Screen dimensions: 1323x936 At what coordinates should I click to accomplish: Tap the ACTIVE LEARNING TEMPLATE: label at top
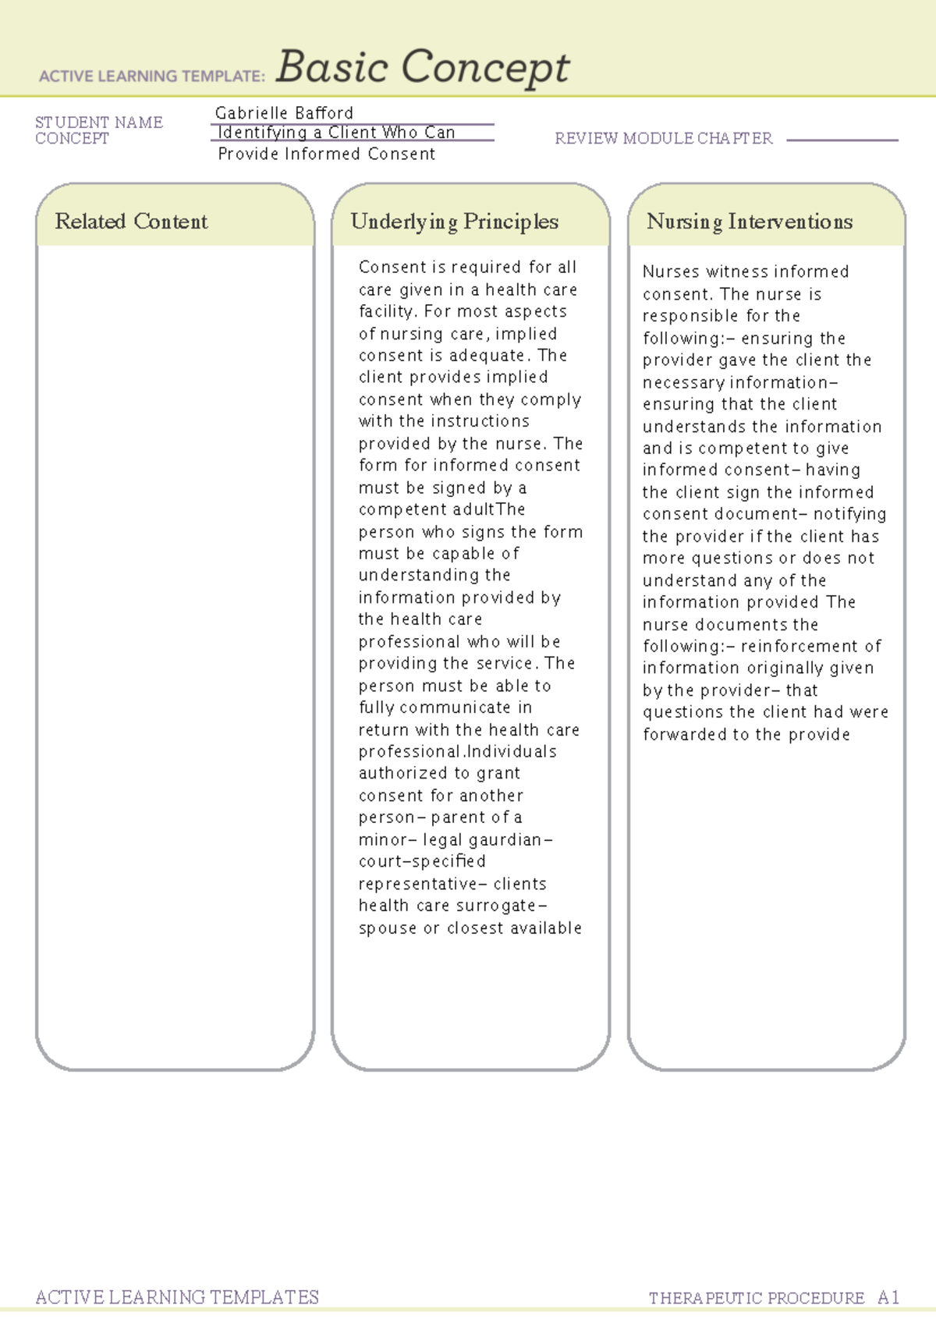(x=152, y=76)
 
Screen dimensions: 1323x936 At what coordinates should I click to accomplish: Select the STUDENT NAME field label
(x=99, y=122)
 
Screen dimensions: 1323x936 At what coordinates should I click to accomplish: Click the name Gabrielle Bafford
(x=284, y=113)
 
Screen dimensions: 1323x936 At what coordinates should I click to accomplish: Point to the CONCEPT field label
(x=72, y=139)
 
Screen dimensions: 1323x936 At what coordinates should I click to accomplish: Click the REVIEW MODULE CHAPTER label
(x=663, y=139)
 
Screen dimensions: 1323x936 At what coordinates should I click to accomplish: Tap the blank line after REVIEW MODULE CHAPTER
(x=842, y=140)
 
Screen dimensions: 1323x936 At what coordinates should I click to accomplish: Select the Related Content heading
(x=131, y=222)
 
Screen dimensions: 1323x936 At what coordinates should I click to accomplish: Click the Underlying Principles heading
(x=454, y=222)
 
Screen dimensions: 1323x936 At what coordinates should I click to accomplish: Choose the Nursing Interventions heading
(x=749, y=222)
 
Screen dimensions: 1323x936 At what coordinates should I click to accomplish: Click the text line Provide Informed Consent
(x=326, y=154)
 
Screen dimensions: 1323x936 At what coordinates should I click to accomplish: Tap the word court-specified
(x=422, y=862)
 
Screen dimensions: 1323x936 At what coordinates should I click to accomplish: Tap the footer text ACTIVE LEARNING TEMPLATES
(x=177, y=1297)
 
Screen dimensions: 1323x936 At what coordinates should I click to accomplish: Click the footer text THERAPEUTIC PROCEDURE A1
(x=774, y=1298)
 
